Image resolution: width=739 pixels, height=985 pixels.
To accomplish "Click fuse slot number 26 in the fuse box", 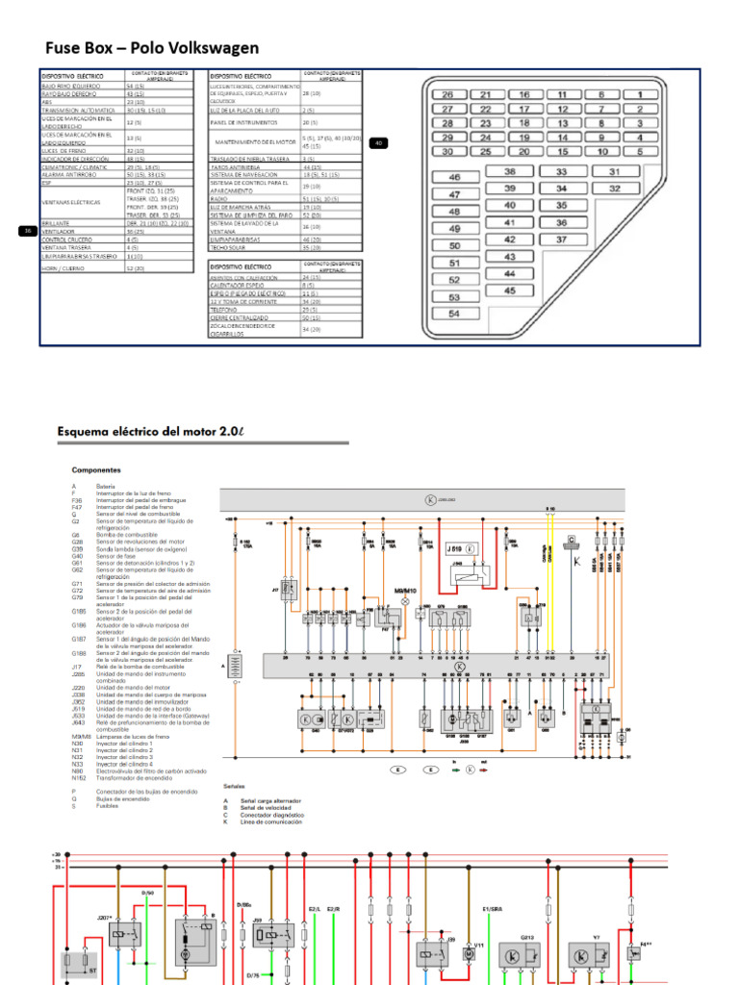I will coord(447,95).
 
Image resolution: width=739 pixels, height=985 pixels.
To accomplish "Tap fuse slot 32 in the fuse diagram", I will coord(614,188).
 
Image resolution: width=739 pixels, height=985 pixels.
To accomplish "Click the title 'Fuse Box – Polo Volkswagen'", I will coord(152,47).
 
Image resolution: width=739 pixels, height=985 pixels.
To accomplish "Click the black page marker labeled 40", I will coord(378,142).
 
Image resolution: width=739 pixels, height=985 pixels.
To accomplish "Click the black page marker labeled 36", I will coord(28,231).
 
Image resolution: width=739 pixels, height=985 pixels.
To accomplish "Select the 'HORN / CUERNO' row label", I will coord(64,268).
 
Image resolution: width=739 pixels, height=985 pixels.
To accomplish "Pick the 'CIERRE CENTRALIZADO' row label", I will coord(241,316).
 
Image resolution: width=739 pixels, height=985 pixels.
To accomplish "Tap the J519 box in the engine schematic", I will coord(461,551).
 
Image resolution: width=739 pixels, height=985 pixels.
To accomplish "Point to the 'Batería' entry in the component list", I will coord(106,487).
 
